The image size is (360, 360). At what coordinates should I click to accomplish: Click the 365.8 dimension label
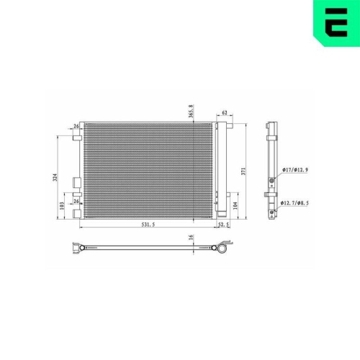coord(191,111)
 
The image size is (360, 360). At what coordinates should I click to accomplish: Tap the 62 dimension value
coord(225,112)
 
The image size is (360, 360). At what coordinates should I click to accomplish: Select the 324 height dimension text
coord(55,177)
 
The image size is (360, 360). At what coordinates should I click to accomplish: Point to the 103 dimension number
coord(62,206)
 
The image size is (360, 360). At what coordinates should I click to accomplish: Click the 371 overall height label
coord(243,171)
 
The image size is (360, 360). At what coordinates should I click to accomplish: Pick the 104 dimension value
coord(235,206)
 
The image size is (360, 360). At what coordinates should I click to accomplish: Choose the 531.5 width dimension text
coord(148,225)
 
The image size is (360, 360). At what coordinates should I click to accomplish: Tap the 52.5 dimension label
coord(223,225)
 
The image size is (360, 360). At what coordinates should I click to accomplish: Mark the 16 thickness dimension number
coord(191,237)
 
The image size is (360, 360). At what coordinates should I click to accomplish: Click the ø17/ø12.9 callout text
coord(295,170)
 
